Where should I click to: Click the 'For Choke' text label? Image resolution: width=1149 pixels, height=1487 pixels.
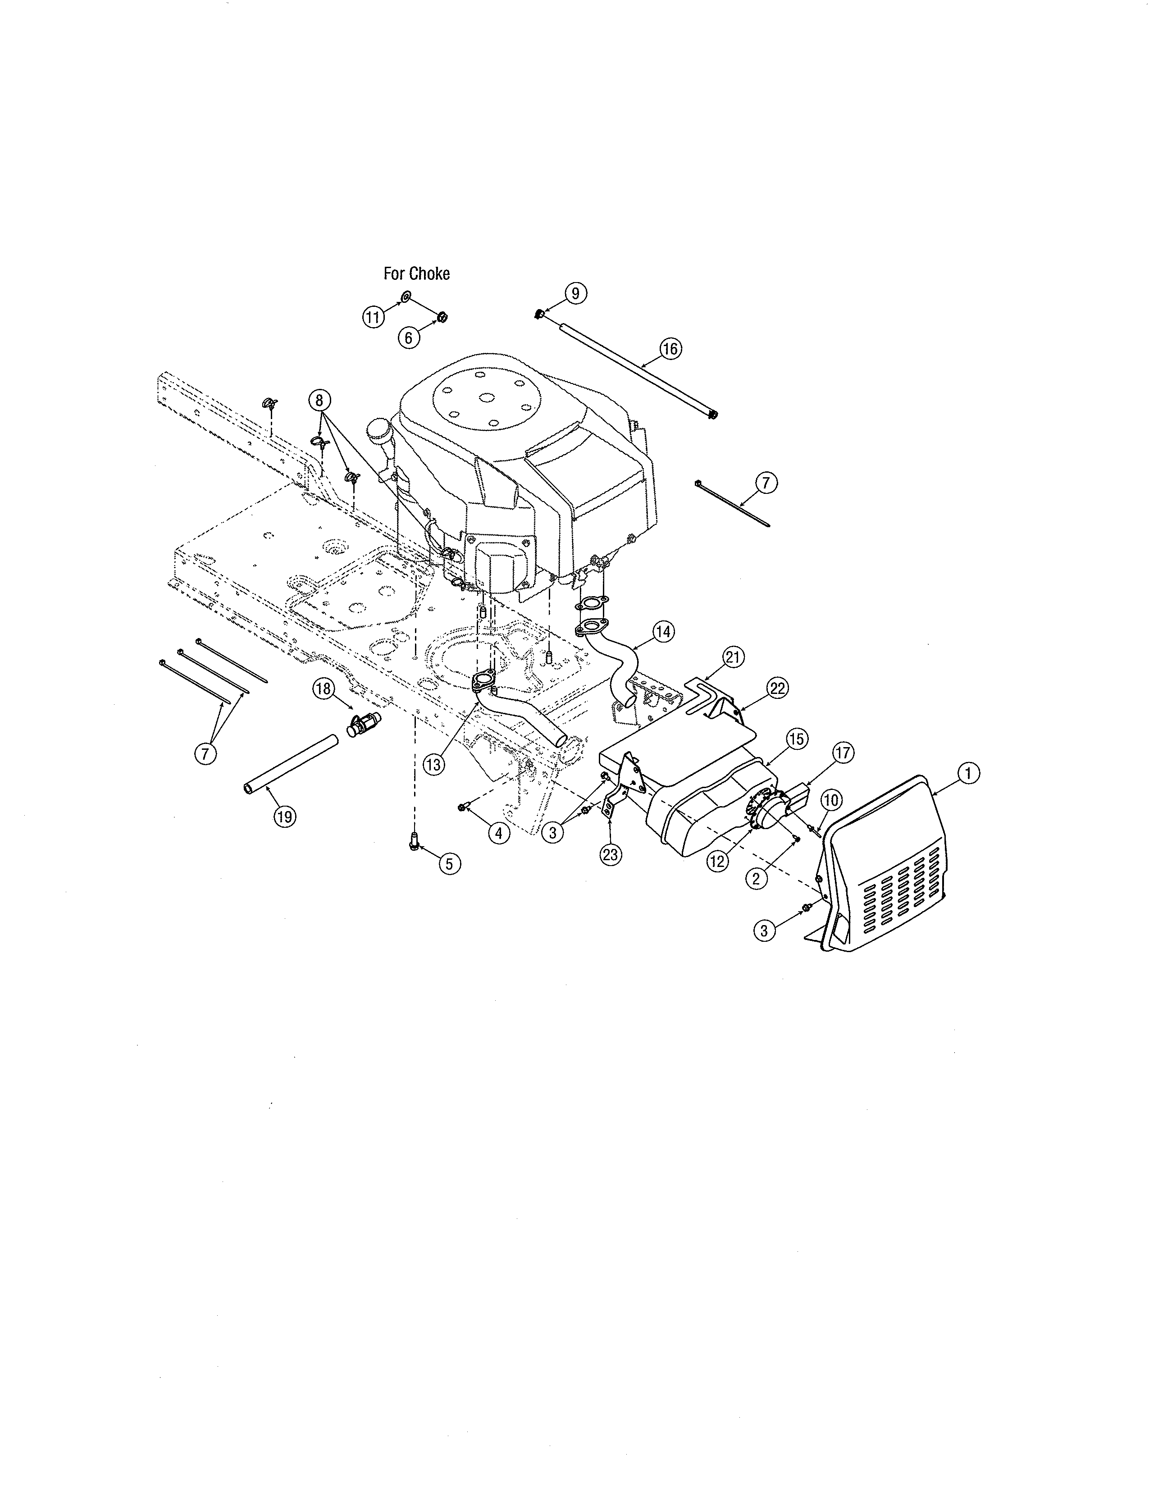pyautogui.click(x=417, y=274)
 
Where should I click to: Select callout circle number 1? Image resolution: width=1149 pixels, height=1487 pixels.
pyautogui.click(x=968, y=773)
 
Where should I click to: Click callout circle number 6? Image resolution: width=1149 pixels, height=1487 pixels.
pyautogui.click(x=408, y=338)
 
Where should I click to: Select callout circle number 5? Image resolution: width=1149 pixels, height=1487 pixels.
pyautogui.click(x=449, y=863)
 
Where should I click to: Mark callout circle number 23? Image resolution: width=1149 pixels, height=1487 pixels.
pyautogui.click(x=611, y=854)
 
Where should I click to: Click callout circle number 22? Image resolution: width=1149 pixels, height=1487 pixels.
pyautogui.click(x=777, y=689)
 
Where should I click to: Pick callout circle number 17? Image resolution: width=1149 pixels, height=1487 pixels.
pyautogui.click(x=843, y=753)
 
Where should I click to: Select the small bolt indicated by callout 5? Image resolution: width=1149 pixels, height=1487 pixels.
pyautogui.click(x=414, y=842)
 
